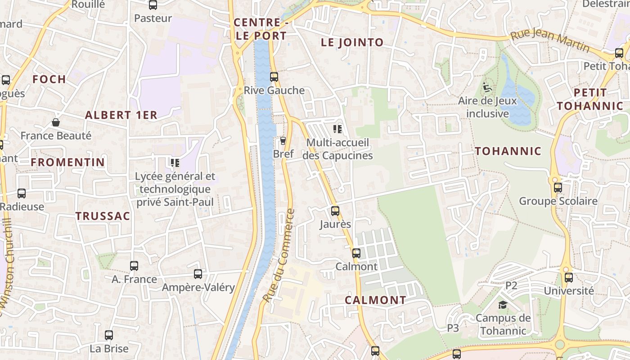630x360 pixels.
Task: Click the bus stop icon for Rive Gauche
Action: (x=274, y=77)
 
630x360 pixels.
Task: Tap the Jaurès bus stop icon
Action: (x=335, y=211)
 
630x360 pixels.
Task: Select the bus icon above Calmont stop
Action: (x=356, y=253)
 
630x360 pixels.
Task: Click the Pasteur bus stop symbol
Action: (x=153, y=5)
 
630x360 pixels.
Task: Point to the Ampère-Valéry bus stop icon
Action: (x=198, y=274)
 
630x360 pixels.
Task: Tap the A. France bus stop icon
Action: (x=134, y=265)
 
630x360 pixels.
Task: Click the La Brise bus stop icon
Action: (x=109, y=335)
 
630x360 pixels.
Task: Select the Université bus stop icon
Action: (x=569, y=277)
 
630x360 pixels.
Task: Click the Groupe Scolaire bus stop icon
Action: (x=558, y=187)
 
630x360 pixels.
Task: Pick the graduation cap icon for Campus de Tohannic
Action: (x=503, y=305)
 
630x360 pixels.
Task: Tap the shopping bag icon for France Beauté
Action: (x=56, y=122)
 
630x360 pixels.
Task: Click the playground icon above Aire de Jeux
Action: (x=487, y=87)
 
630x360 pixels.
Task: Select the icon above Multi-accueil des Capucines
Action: (x=337, y=130)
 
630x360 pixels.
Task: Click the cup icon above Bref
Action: (x=283, y=141)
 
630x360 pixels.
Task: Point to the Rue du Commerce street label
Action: (x=279, y=256)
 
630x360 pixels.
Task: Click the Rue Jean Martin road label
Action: (x=549, y=40)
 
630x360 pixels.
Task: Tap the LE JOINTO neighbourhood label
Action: (x=352, y=43)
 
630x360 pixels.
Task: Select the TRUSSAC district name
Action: (x=103, y=216)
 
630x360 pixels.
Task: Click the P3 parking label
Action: (x=453, y=328)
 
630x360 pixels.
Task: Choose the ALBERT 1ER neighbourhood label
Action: (x=121, y=115)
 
